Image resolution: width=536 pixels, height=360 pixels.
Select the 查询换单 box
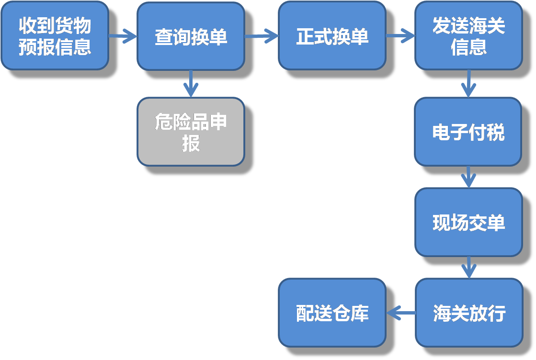click(191, 35)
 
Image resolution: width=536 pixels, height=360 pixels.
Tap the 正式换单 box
click(332, 35)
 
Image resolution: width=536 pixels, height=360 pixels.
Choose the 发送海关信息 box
click(468, 35)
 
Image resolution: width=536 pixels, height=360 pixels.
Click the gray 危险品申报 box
click(191, 132)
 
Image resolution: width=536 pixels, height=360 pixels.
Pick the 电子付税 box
click(468, 132)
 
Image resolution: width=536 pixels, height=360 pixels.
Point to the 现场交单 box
click(468, 222)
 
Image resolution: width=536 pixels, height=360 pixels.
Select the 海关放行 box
click(468, 313)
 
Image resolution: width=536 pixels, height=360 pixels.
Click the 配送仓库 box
click(332, 313)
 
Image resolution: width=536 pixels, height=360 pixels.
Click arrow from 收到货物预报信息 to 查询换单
click(123, 35)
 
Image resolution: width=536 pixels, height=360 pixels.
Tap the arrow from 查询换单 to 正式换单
click(262, 35)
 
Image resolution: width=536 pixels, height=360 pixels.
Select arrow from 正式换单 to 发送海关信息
click(400, 35)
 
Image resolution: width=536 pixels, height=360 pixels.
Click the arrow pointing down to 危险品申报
click(191, 84)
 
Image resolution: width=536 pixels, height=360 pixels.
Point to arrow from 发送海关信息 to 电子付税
click(468, 84)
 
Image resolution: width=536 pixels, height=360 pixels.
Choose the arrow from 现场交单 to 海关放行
click(468, 268)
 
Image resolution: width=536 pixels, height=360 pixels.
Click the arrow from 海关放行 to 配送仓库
click(400, 314)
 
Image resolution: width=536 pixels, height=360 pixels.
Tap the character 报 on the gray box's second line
click(191, 143)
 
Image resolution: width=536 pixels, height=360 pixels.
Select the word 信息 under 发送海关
click(468, 47)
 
